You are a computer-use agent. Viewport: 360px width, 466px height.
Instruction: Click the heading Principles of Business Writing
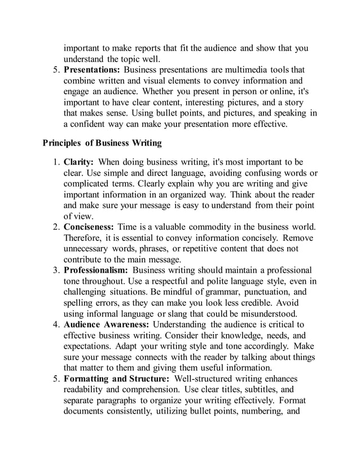[102, 142]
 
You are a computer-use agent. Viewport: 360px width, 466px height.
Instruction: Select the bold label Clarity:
[80, 162]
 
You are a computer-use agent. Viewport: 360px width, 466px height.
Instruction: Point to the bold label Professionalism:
[95, 270]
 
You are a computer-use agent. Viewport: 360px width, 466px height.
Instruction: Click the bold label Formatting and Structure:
[117, 379]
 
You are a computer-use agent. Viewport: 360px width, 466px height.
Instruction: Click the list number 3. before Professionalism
[56, 270]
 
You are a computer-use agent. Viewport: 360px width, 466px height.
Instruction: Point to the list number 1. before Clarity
[56, 162]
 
